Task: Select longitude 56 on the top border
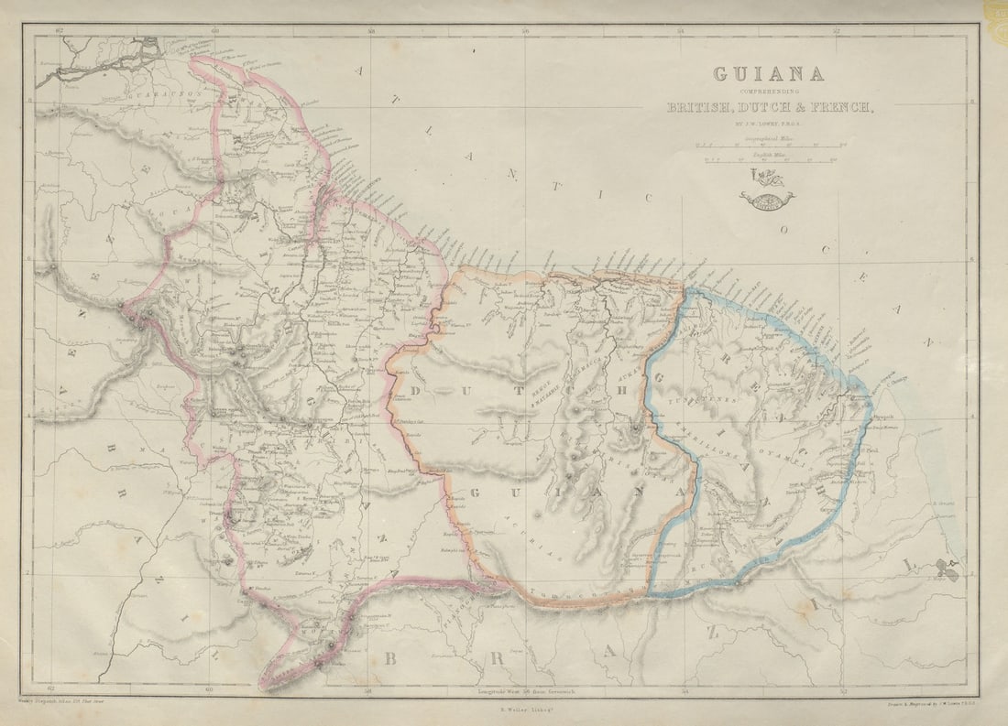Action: tap(525, 31)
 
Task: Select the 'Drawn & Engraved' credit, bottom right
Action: tap(926, 701)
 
